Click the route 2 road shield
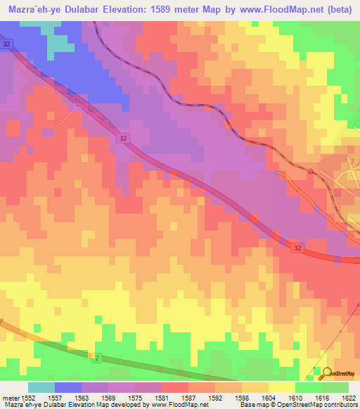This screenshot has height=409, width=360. pyautogui.click(x=96, y=358)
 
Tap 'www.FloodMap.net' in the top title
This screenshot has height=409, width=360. pyautogui.click(x=282, y=9)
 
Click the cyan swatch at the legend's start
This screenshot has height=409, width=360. pyautogui.click(x=41, y=387)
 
